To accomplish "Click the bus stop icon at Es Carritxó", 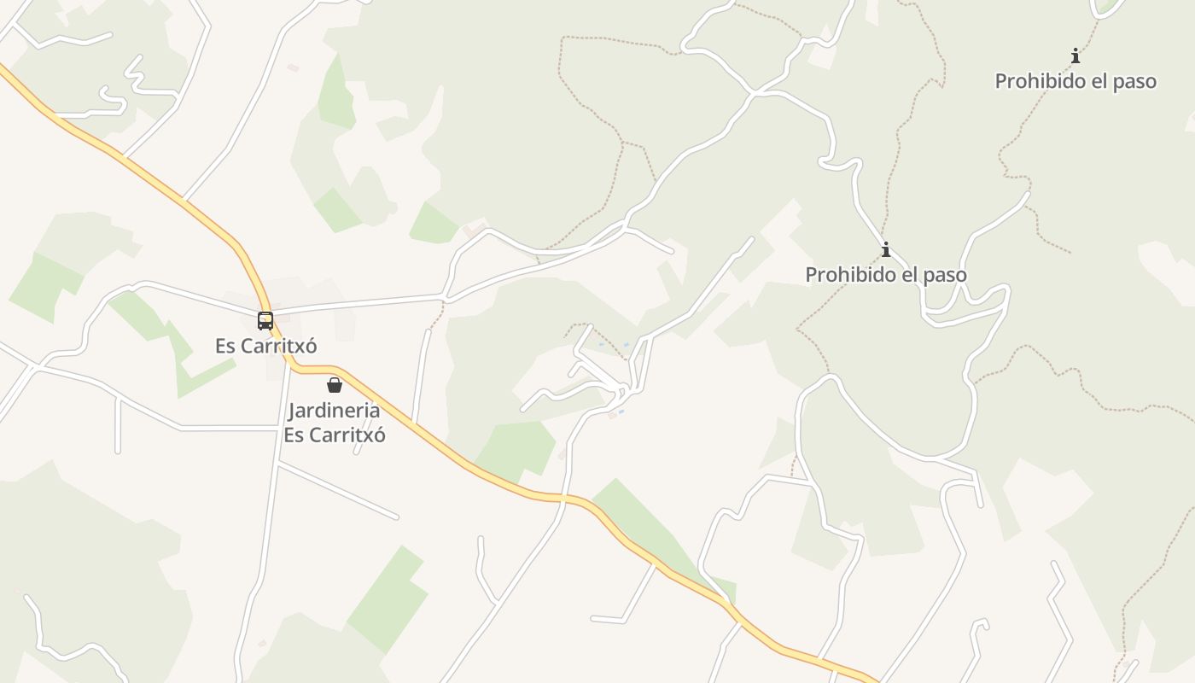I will [265, 321].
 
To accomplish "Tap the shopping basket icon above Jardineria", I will [335, 385].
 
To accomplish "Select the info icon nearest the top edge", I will [1075, 56].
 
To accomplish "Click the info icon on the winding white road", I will [886, 249].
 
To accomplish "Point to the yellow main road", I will [171, 193].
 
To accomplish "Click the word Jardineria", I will [334, 410].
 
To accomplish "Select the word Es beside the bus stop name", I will [224, 346].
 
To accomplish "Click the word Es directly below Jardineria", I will [293, 435].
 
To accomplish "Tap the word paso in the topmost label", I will [1134, 81].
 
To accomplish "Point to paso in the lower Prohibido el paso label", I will [945, 275].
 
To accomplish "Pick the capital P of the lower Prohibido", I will [812, 275].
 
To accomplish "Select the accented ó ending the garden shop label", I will [380, 435].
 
